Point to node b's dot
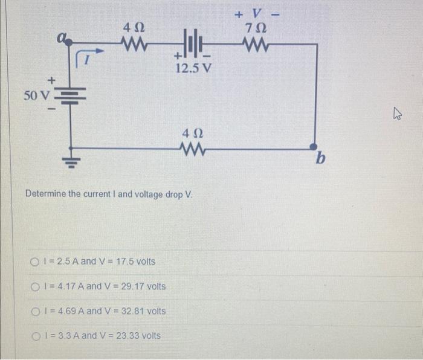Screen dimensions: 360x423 pos(313,147)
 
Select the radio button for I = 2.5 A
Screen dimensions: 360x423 pos(34,262)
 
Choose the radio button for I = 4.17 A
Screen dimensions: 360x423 pos(34,286)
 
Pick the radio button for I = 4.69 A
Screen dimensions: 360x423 pos(34,311)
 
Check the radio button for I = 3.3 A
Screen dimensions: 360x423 pos(34,335)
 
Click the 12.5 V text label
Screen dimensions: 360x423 pos(193,68)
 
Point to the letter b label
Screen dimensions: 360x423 pos(320,159)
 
